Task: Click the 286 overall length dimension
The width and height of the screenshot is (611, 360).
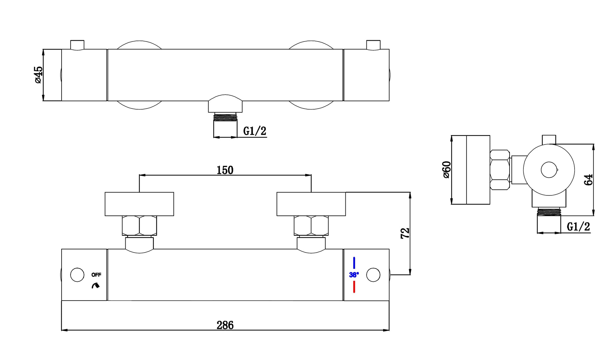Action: coord(225,325)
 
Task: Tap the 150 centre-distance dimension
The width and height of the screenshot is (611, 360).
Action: coord(225,170)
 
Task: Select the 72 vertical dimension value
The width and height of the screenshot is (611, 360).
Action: coord(405,233)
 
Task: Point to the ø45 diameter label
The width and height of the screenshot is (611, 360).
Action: coord(38,75)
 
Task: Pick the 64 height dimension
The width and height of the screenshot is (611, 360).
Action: coord(588,180)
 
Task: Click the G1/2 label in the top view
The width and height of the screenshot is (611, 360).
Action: coord(255,131)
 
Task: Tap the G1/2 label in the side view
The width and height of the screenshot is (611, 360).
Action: coord(578,226)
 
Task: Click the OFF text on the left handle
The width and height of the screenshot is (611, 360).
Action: coord(96,275)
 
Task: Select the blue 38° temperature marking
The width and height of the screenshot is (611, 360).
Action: coord(354,275)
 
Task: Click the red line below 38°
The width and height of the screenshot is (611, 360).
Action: coord(354,287)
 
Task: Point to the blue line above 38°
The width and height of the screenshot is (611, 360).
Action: coord(354,263)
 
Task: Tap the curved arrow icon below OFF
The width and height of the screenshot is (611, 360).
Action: coord(95,285)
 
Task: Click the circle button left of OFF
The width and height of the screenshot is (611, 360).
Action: coord(77,275)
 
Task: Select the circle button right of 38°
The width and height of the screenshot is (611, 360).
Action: coord(373,275)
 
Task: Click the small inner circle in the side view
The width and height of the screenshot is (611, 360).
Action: coord(549,170)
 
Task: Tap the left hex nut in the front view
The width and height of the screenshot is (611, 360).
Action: coord(139,226)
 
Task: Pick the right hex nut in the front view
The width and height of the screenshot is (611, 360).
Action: coord(311,226)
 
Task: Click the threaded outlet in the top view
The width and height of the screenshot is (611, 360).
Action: coord(225,117)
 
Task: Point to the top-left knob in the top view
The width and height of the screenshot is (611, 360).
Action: coord(77,45)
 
